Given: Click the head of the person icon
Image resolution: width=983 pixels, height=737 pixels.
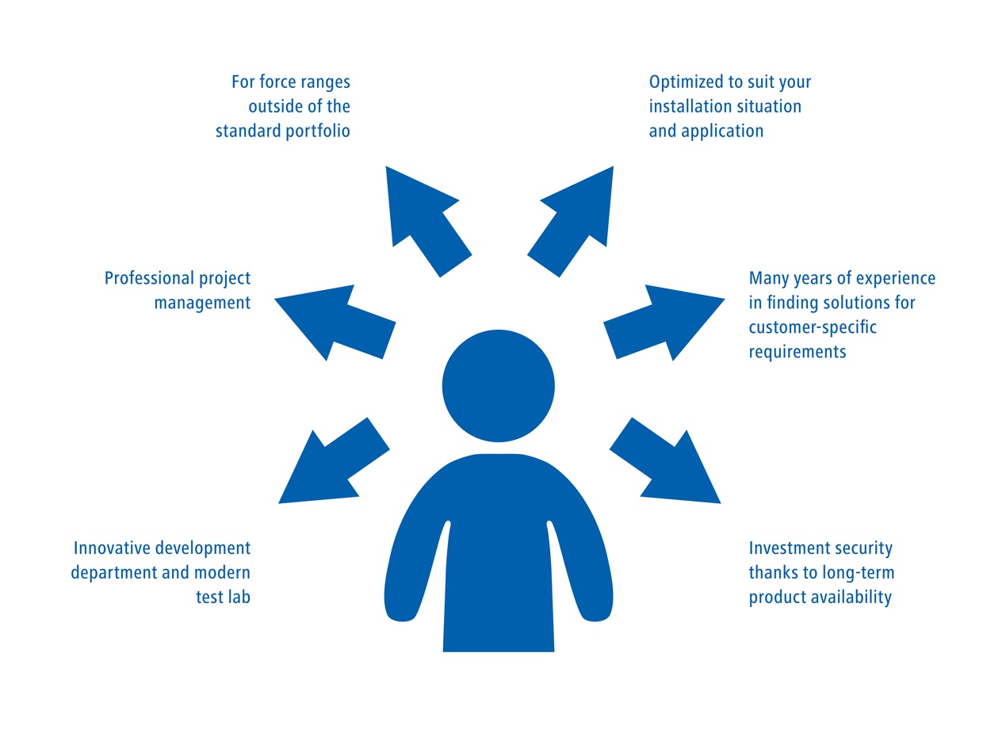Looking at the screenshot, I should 498,386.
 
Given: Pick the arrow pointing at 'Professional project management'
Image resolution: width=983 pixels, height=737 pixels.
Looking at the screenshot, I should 336,321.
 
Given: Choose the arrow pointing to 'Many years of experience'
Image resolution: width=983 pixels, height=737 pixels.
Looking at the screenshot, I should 663,321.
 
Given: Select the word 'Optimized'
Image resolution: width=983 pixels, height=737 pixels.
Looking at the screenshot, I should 687,82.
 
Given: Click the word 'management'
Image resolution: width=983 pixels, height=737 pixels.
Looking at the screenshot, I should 202,303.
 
